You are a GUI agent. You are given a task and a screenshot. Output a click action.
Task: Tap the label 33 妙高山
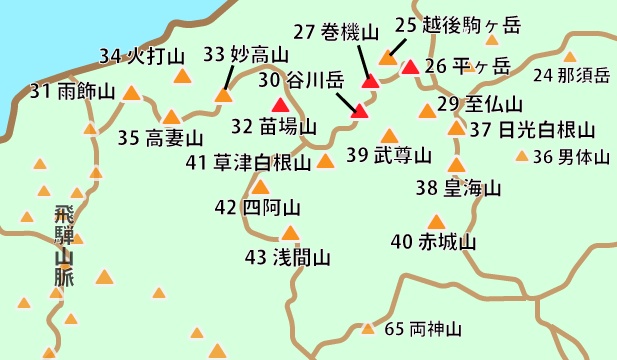(x=245, y=55)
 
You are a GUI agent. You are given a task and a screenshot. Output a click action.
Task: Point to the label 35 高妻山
(x=160, y=137)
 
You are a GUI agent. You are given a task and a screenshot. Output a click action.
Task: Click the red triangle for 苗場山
(x=280, y=105)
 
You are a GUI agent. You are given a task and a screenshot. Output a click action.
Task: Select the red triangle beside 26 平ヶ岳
(x=410, y=68)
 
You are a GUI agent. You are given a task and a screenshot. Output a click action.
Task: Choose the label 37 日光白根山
(x=531, y=129)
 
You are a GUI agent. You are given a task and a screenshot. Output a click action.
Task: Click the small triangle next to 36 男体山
(x=521, y=155)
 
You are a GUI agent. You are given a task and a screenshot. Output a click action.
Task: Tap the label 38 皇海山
(x=459, y=187)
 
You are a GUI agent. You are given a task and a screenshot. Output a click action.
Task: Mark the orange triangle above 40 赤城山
(x=435, y=221)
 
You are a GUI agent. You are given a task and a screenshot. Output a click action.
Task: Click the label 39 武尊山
(x=388, y=155)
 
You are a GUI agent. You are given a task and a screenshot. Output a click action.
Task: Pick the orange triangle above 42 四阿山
(x=260, y=186)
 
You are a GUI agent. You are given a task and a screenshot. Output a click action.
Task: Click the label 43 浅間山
(x=287, y=257)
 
